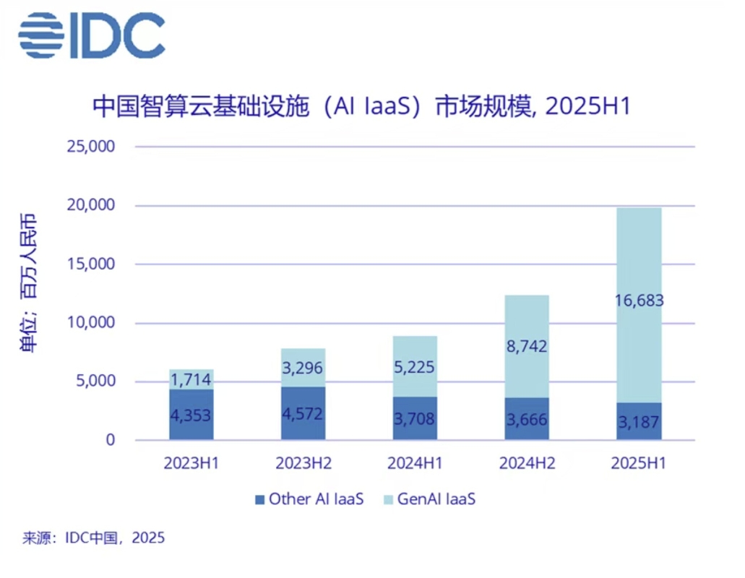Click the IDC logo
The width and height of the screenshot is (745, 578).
(x=92, y=35)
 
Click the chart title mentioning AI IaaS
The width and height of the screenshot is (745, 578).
(x=362, y=106)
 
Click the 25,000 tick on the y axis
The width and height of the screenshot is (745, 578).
(x=91, y=147)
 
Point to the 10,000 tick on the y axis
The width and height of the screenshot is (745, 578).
(x=91, y=323)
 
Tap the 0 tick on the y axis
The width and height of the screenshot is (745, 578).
(x=111, y=440)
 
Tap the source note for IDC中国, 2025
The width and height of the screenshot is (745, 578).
(x=94, y=538)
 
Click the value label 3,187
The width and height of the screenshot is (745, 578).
(x=639, y=422)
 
